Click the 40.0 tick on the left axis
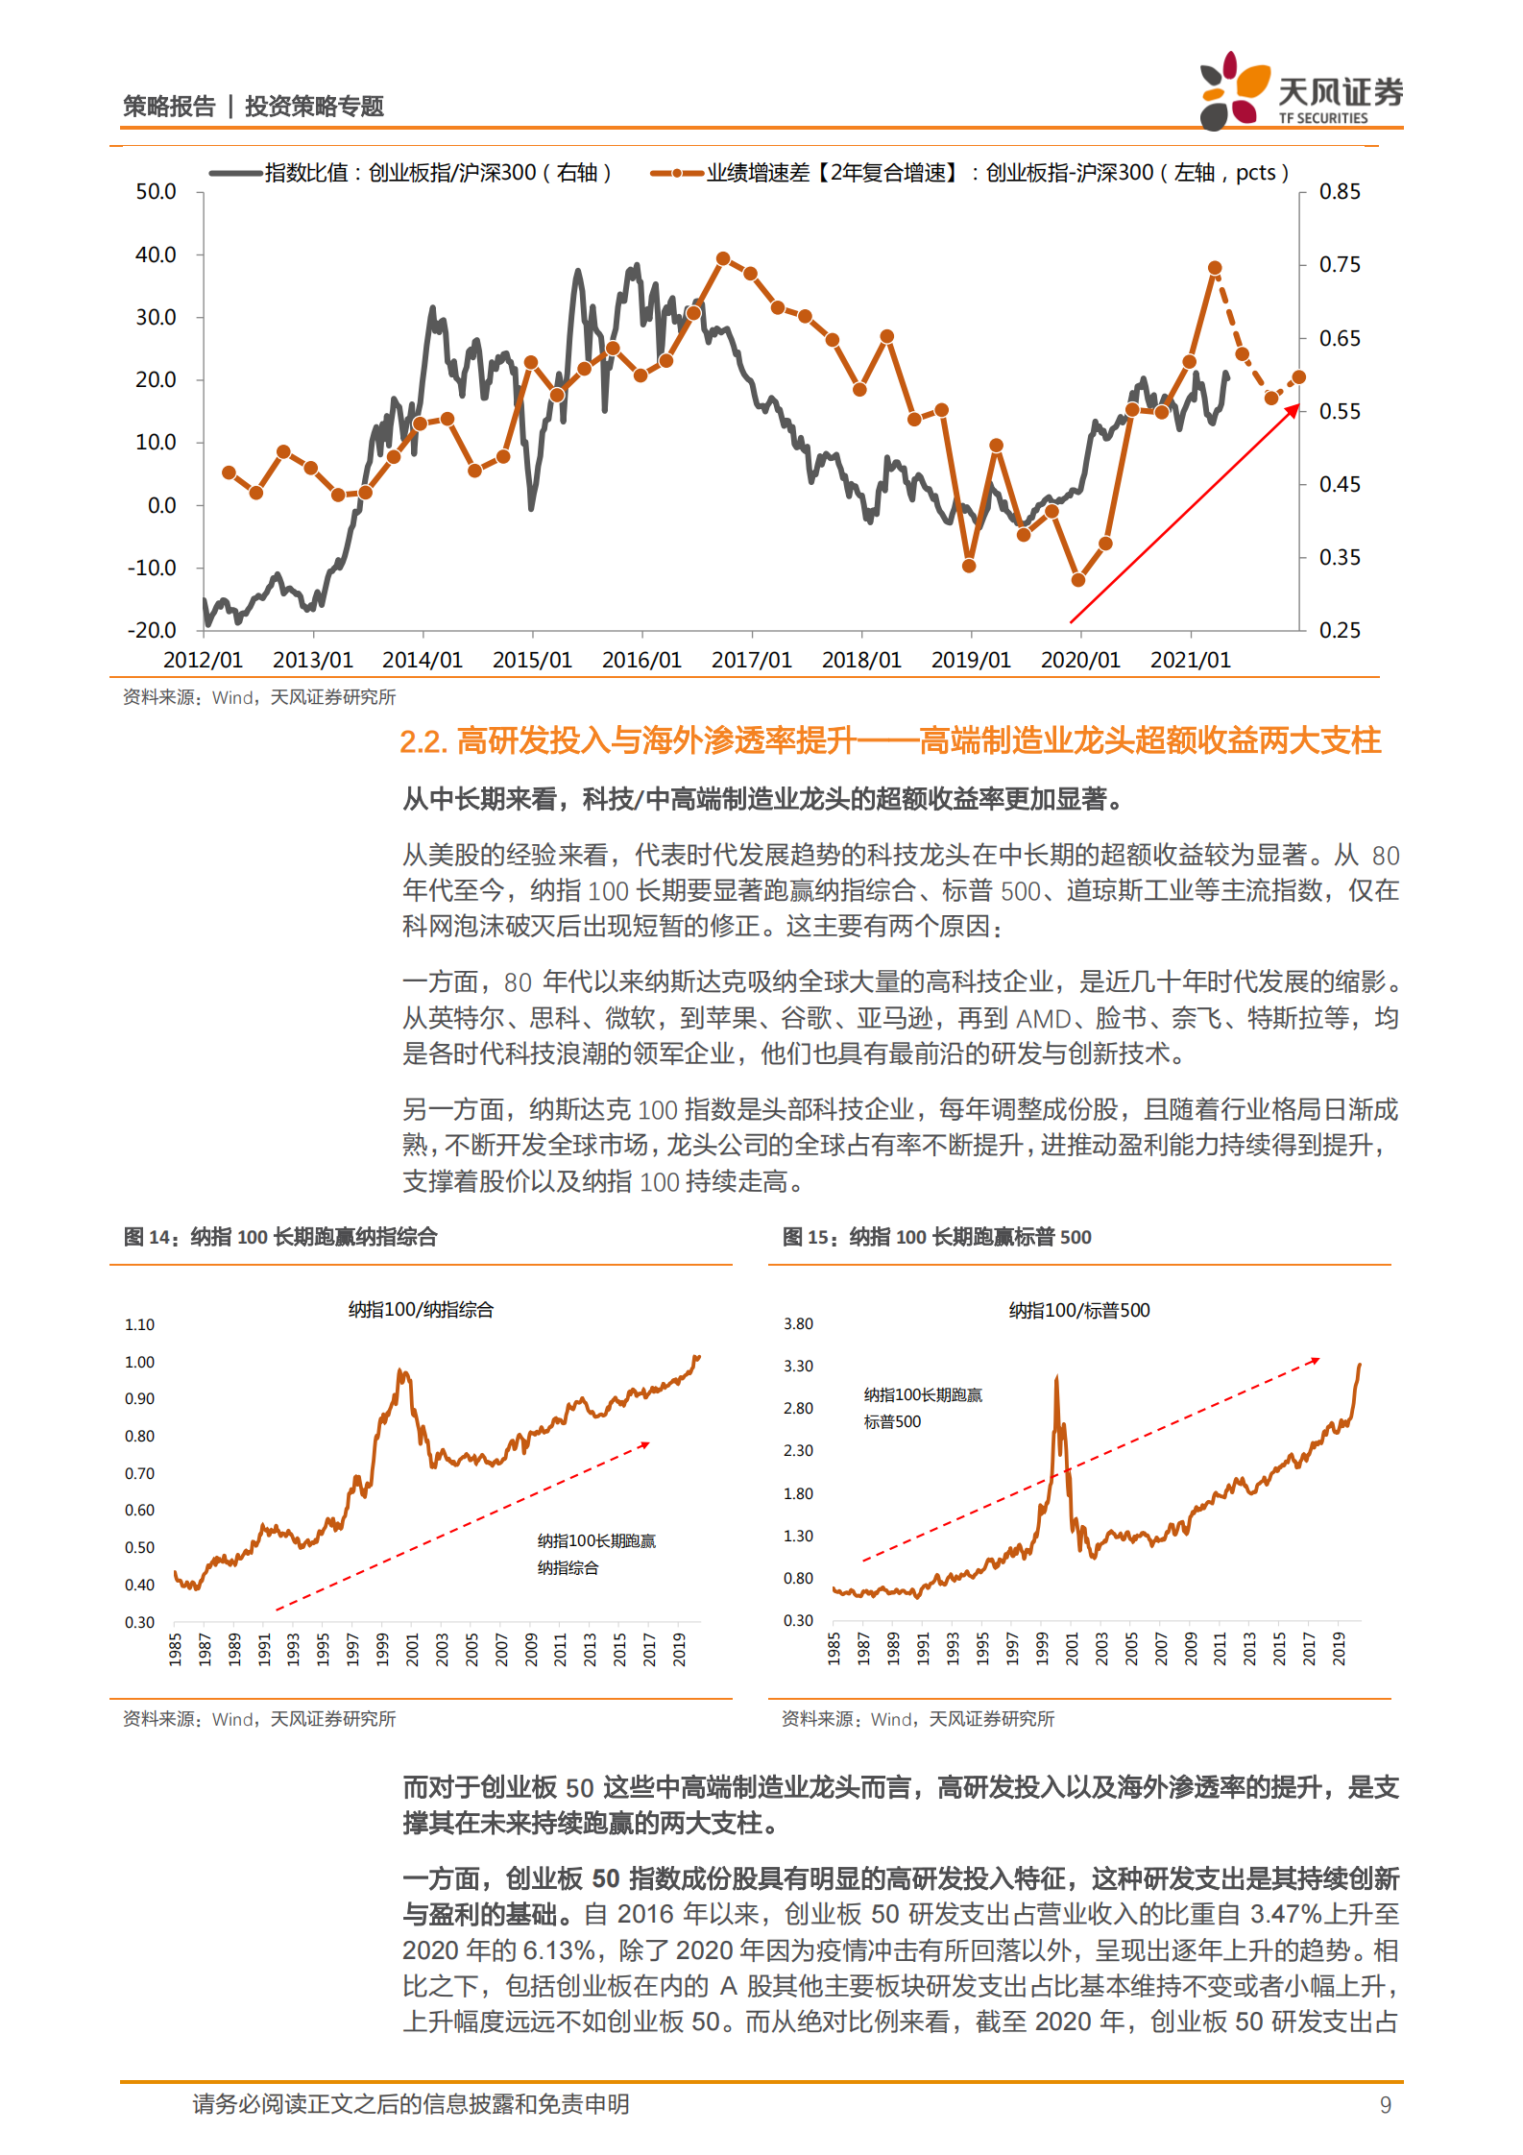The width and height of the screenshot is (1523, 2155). tap(156, 254)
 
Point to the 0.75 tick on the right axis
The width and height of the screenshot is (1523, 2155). tap(1340, 264)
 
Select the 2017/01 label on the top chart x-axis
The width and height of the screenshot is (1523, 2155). tap(751, 660)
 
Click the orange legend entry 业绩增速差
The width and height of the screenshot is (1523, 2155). tap(970, 173)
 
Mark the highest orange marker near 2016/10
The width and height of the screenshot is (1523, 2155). tap(723, 258)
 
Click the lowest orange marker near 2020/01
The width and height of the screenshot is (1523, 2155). tap(1077, 580)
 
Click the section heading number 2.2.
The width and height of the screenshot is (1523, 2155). tap(423, 741)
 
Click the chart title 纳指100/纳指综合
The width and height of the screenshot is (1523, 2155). tap(421, 1310)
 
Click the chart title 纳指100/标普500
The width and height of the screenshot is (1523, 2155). tap(1078, 1310)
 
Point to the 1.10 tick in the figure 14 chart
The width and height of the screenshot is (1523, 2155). tap(139, 1324)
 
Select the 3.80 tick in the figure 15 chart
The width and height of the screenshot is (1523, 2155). tap(798, 1323)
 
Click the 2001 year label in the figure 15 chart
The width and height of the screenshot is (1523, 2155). tap(1072, 1648)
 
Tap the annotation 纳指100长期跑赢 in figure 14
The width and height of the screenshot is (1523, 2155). tap(596, 1540)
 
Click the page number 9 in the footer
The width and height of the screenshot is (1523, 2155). tap(1385, 2104)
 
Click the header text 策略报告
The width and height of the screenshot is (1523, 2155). tap(169, 107)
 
